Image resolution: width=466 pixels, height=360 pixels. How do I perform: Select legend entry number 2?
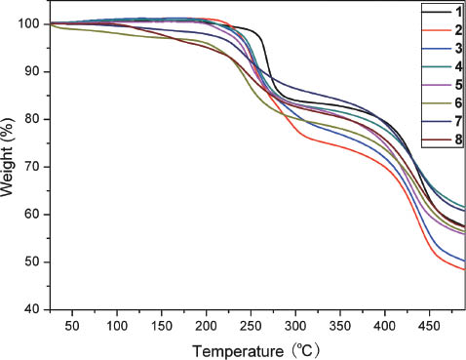click(x=455, y=29)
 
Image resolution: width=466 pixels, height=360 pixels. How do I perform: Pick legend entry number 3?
click(x=455, y=48)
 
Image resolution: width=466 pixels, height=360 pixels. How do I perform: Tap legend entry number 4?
click(x=455, y=66)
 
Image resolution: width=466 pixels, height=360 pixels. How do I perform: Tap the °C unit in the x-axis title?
click(x=302, y=347)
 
